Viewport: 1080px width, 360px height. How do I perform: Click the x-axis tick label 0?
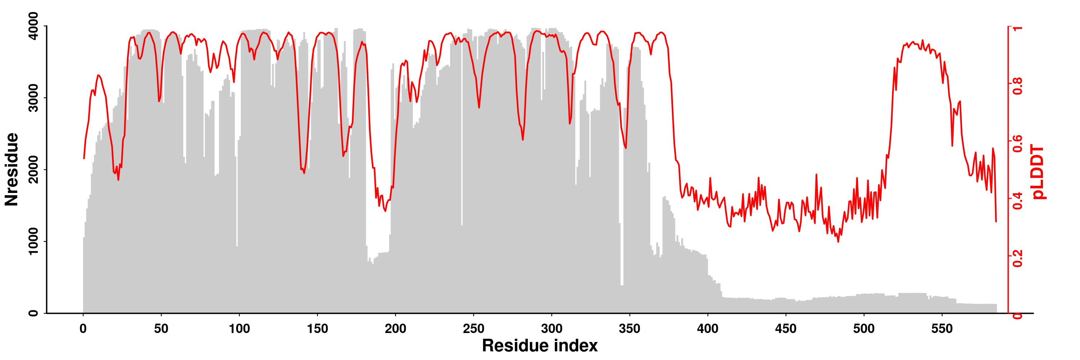point(83,329)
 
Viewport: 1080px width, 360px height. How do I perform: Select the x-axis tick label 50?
point(161,329)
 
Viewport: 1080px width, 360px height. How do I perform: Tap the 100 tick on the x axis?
point(239,329)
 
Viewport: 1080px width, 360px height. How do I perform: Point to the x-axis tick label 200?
point(395,329)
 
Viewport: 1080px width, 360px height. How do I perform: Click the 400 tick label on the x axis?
point(708,329)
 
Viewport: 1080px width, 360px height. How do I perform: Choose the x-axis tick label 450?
point(786,329)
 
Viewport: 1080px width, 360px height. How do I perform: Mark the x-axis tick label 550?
point(942,329)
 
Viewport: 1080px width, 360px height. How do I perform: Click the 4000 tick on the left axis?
point(33,26)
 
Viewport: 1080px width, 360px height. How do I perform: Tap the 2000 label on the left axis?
point(33,170)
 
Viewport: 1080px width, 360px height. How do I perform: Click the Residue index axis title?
point(540,346)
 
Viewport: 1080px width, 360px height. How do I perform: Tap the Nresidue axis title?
point(12,169)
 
